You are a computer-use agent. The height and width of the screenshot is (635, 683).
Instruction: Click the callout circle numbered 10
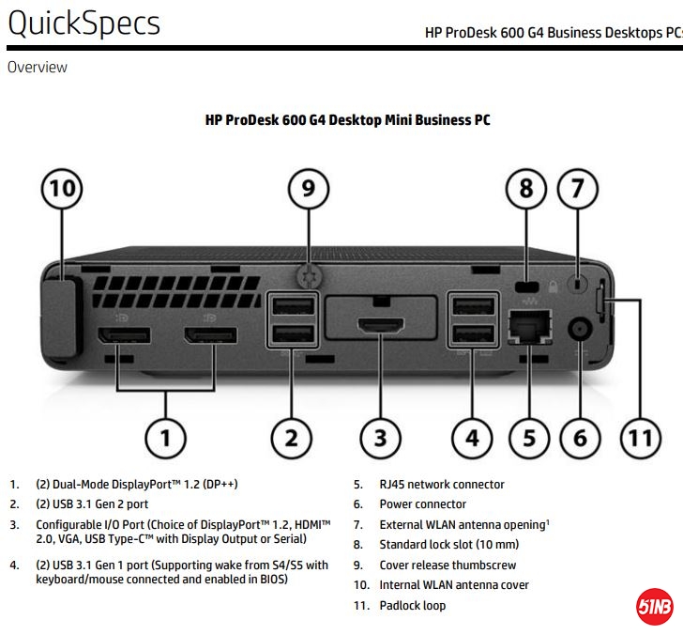coord(62,188)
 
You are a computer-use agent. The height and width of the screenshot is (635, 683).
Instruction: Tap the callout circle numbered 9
coord(309,188)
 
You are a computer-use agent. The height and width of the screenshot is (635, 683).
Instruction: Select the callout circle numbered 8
coord(526,188)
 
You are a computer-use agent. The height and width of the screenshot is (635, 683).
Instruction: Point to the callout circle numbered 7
coord(578,188)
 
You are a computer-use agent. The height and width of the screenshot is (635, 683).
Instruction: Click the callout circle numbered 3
coord(380,437)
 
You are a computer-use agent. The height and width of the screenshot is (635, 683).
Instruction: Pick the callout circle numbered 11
coord(639,437)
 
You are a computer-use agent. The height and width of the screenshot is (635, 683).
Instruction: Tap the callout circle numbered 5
coord(530,437)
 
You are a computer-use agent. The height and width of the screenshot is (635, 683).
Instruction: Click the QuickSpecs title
coord(83,23)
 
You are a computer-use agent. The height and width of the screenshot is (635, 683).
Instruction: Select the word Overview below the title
coord(37,67)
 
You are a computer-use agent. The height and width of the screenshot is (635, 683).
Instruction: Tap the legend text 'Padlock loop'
coord(412,605)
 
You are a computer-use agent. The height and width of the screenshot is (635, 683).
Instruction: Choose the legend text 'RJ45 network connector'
coord(441,485)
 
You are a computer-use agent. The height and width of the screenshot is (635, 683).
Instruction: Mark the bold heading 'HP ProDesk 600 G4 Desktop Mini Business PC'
coord(347,120)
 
